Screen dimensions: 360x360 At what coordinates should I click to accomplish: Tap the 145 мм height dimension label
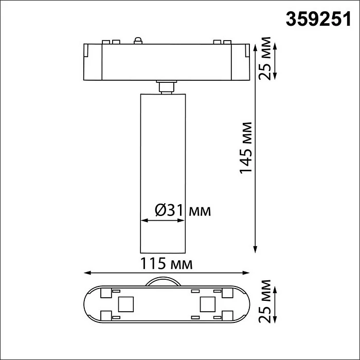click(x=247, y=148)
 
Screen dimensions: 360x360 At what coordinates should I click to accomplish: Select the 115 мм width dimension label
click(x=167, y=264)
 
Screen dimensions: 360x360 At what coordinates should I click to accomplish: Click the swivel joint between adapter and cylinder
click(x=165, y=86)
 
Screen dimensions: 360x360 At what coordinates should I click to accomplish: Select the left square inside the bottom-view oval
click(x=125, y=305)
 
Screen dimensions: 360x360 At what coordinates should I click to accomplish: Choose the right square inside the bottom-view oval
click(x=207, y=305)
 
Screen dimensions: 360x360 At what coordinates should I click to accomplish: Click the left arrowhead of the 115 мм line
click(x=86, y=273)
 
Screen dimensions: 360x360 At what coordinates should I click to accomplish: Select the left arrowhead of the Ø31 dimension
click(x=143, y=221)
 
